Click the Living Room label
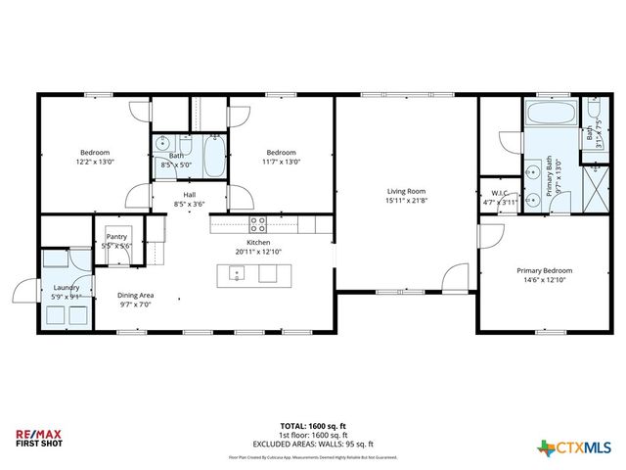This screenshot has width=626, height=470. pos(406,191)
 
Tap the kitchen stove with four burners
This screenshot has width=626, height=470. pos(258,223)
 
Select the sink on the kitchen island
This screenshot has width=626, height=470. pos(237,273)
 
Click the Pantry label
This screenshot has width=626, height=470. pos(117,236)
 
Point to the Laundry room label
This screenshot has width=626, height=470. pos(67,287)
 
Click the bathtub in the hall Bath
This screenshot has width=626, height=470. pos(214,157)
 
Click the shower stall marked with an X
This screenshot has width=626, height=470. pos(592,185)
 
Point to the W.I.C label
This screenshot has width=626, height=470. pos(498,193)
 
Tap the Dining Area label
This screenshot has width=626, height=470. pos(136,295)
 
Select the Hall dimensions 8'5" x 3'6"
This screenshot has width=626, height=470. pos(189,204)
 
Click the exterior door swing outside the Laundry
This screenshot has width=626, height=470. pos(25,292)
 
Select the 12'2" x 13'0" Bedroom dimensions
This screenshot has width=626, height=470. pos(95,162)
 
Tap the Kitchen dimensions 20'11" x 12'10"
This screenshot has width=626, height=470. pos(258,252)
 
